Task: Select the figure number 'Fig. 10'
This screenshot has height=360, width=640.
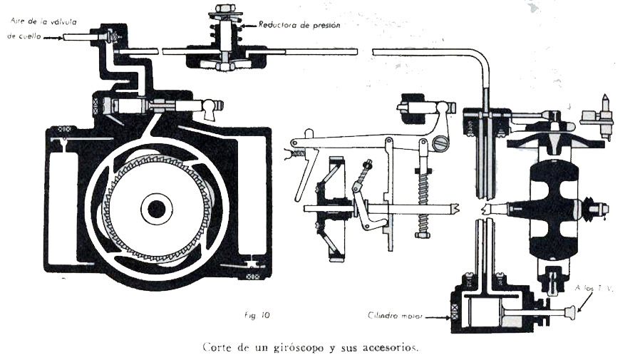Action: pyautogui.click(x=256, y=314)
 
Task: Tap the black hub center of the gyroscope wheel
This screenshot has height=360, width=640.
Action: pyautogui.click(x=156, y=208)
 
